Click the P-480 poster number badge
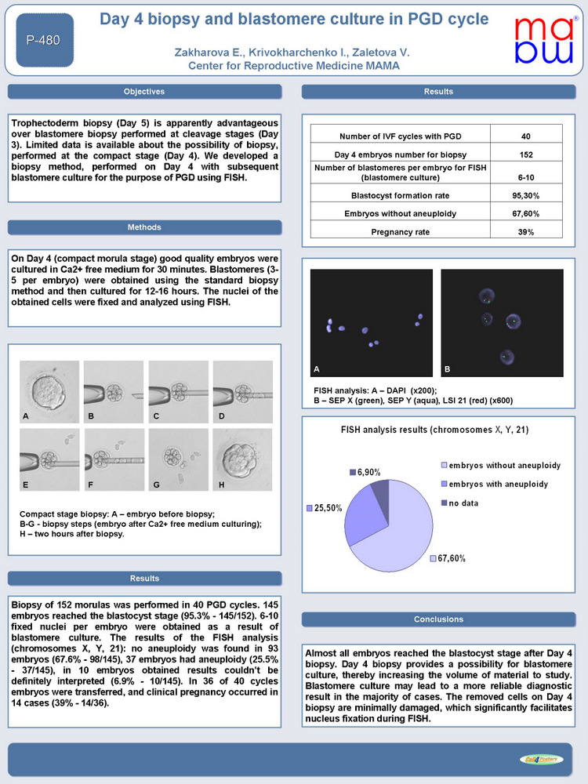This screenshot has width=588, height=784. point(44,38)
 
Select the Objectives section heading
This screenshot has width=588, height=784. point(144,92)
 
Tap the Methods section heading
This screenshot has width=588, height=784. point(144,227)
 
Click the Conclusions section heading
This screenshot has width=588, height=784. point(438,619)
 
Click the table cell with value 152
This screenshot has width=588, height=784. point(526,154)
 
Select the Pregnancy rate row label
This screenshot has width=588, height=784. point(401,232)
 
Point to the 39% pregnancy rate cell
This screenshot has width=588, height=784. point(526,232)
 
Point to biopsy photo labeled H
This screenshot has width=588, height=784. point(243,460)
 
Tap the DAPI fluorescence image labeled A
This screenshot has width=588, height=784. point(372,321)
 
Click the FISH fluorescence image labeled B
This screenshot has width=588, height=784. point(503,321)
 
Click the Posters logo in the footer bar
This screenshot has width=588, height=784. point(540,758)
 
